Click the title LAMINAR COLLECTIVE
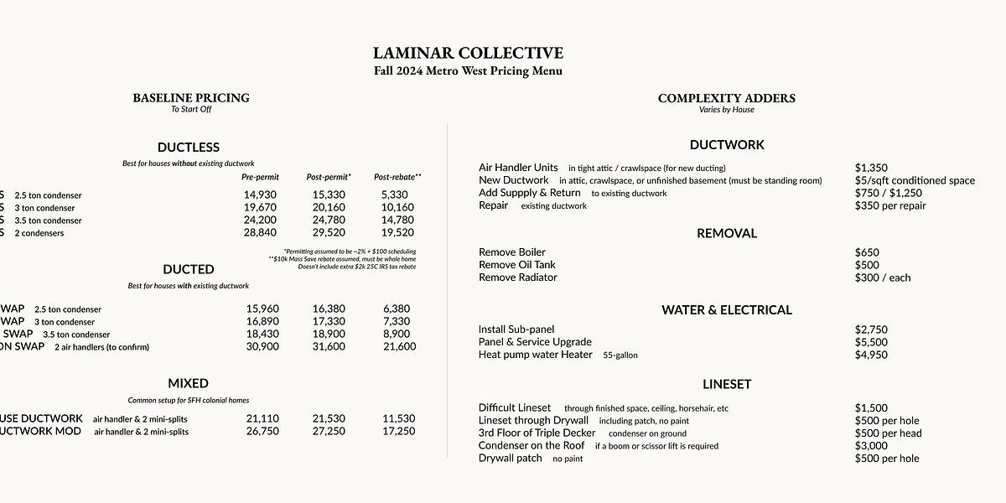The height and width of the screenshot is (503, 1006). coord(468,54)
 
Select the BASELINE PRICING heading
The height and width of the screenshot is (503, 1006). coord(191,98)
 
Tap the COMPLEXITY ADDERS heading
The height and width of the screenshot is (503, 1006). coord(726,98)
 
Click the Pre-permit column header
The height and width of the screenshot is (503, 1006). coord(260,178)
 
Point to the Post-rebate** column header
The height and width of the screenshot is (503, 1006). coord(397,178)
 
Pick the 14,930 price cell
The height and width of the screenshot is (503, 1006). coord(260,195)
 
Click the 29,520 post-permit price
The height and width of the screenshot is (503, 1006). coord(329,233)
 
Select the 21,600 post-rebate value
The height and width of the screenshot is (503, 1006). coord(399,347)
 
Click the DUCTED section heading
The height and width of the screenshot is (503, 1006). coord(188,269)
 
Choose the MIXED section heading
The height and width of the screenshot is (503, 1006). coord(188,384)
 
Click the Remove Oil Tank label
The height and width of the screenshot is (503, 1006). coord(516,265)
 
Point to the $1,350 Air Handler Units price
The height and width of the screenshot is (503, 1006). coord(871,169)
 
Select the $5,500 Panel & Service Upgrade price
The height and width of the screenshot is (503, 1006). coord(871,342)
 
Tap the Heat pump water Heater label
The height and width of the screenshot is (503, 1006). coord(535,355)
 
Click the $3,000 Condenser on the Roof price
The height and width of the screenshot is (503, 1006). coord(871,446)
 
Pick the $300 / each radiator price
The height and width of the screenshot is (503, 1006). coord(883,277)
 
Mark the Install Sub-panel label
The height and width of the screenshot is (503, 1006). coord(516,329)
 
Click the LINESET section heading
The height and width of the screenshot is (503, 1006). coord(727,385)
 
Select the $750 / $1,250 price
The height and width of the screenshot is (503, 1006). coord(888,193)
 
